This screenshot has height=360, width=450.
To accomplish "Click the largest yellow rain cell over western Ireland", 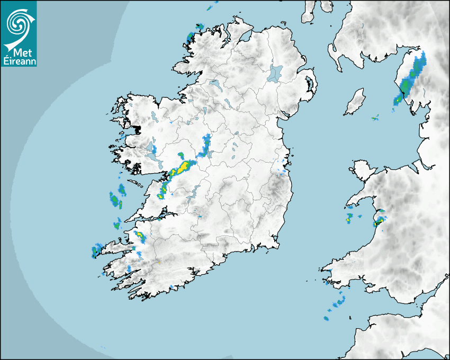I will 184,167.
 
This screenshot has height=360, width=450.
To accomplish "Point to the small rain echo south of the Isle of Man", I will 375,118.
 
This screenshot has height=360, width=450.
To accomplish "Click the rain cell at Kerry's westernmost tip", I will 97,250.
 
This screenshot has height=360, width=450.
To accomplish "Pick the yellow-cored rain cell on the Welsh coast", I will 378,222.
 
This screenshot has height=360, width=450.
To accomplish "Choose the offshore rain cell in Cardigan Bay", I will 349,218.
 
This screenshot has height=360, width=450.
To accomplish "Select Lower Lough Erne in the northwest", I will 214,84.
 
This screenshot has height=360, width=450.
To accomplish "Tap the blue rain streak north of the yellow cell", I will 205,146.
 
